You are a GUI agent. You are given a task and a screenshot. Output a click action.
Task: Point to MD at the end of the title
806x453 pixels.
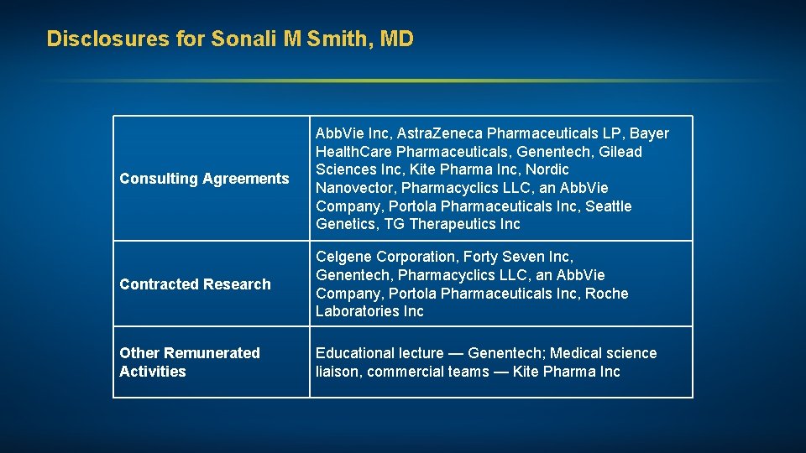(397, 39)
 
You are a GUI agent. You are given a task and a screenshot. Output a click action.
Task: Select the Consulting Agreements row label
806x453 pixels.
(204, 179)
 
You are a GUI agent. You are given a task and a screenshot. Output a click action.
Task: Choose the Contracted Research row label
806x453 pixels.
(195, 284)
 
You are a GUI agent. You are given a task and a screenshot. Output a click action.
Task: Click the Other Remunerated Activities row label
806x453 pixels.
(190, 362)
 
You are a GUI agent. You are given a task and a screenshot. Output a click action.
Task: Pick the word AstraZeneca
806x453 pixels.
(440, 133)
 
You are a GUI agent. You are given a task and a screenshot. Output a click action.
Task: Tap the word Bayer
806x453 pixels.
(649, 133)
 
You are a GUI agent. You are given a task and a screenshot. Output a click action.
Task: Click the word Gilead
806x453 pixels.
(620, 152)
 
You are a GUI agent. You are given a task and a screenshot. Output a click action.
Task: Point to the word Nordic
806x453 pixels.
(547, 169)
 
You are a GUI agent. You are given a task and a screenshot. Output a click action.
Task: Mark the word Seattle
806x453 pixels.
(609, 206)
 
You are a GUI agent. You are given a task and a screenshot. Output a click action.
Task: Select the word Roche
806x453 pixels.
(607, 294)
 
